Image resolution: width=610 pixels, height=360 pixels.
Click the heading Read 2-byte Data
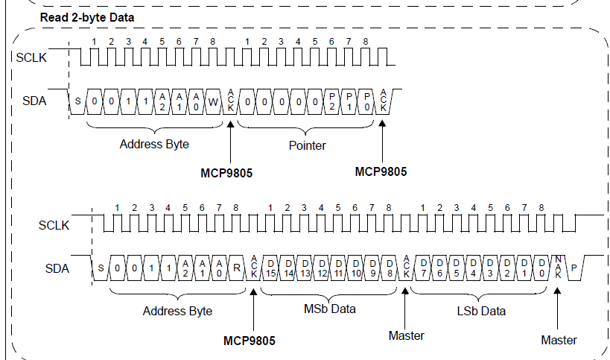[87, 17]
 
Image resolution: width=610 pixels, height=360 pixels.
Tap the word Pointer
[307, 145]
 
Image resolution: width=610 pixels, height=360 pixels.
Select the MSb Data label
[329, 309]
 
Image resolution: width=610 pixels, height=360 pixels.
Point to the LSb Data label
[481, 311]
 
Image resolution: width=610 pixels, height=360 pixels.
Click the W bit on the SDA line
[213, 102]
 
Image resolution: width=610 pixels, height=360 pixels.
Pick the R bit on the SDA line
[237, 268]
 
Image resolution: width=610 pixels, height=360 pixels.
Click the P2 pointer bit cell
[332, 102]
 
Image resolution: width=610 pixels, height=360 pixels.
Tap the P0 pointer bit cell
[366, 102]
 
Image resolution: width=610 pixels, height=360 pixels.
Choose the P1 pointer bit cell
[349, 102]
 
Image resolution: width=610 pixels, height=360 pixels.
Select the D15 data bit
[271, 268]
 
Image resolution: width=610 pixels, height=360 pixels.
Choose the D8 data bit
[389, 268]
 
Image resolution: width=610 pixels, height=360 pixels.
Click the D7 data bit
[423, 268]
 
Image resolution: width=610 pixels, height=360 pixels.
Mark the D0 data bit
[541, 268]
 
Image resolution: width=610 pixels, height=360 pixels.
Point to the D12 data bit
[322, 268]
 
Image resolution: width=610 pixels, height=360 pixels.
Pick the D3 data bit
[490, 268]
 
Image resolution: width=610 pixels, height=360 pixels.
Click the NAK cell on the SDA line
[558, 268]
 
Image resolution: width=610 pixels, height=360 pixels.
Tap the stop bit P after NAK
[574, 268]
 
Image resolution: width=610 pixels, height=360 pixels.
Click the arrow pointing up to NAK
[557, 309]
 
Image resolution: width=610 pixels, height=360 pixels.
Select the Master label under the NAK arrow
[559, 340]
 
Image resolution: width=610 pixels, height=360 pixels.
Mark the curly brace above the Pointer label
[306, 128]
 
